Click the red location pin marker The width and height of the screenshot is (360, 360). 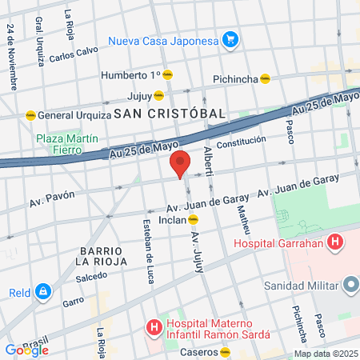[x=180, y=164]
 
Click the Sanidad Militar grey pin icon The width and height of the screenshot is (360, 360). [x=349, y=285]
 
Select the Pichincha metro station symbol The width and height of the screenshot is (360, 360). [x=265, y=78]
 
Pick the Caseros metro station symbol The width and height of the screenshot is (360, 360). [x=226, y=351]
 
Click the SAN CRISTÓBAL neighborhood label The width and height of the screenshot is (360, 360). [x=169, y=114]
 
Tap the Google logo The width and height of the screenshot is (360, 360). [x=26, y=349]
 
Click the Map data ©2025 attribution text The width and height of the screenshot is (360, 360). [x=325, y=354]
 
